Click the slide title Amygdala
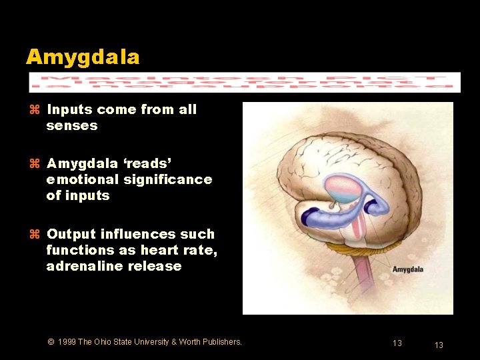point(83,57)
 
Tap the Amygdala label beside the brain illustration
point(407,269)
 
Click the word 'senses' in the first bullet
point(72,125)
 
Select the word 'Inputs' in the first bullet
point(70,109)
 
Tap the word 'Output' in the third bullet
point(71,234)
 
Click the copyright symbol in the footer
point(51,342)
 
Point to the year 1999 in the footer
point(67,342)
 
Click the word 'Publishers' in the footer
point(221,342)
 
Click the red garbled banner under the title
point(245,82)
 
